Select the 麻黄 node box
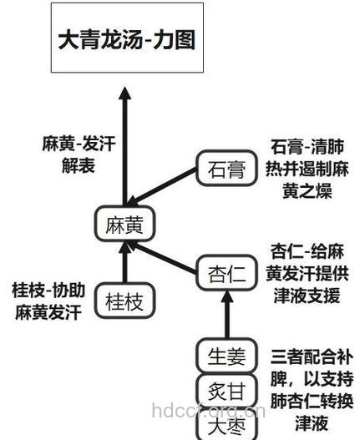pos(125,225)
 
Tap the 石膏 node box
pos(224,171)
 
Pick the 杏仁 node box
pos(224,272)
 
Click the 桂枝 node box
pos(124,302)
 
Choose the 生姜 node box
pos(225,357)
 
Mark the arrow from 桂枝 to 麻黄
pos(125,264)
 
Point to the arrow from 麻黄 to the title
pos(125,142)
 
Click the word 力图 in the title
pos(176,39)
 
